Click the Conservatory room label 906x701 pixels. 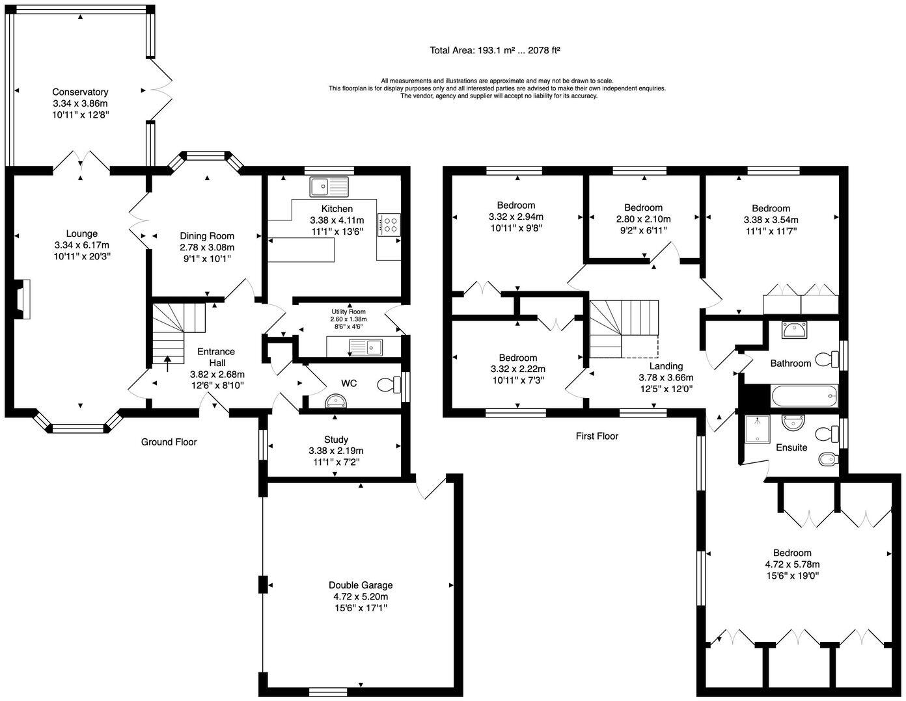pos(80,92)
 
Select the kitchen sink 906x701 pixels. pos(329,187)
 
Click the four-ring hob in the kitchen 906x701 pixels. pos(389,225)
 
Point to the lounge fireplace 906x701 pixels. pos(23,299)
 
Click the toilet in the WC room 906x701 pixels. pos(389,384)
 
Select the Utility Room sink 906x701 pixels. pos(366,347)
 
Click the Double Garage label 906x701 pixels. pos(361,585)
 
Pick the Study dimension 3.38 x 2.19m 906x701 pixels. pos(336,451)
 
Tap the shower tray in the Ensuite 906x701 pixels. pos(757,429)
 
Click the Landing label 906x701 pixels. pos(666,366)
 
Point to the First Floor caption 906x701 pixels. pos(597,436)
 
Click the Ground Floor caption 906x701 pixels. pos(169,442)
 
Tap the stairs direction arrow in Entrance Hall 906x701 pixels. pos(168,364)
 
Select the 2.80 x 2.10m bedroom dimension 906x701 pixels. pos(643,219)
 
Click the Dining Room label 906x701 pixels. pos(207,236)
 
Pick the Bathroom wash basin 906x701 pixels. pos(794,330)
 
